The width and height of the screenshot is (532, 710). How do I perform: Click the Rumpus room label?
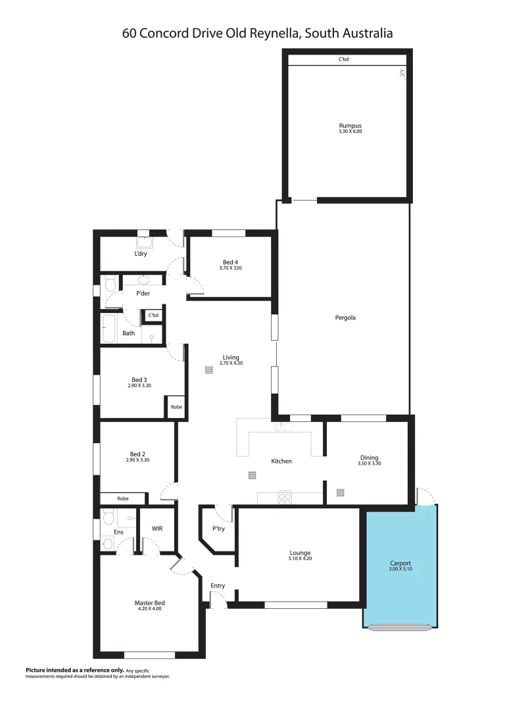(350, 125)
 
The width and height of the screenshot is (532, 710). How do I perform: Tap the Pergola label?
(345, 318)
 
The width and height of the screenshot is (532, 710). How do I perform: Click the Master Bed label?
(149, 603)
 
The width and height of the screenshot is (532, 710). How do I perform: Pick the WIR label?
(157, 528)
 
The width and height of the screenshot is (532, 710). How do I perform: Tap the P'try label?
(218, 529)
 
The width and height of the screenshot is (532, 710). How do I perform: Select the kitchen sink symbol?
(283, 427)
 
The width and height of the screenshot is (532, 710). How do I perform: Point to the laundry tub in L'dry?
(145, 241)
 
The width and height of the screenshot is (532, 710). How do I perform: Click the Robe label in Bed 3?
(176, 407)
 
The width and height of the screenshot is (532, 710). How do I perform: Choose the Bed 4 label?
(230, 262)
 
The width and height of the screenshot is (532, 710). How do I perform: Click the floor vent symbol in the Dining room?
(341, 491)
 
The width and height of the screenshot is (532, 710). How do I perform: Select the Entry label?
(218, 585)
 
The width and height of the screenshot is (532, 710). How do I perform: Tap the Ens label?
(119, 532)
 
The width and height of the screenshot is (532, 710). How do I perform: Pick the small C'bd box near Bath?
(153, 316)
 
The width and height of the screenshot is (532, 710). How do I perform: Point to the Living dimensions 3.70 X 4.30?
(231, 363)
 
